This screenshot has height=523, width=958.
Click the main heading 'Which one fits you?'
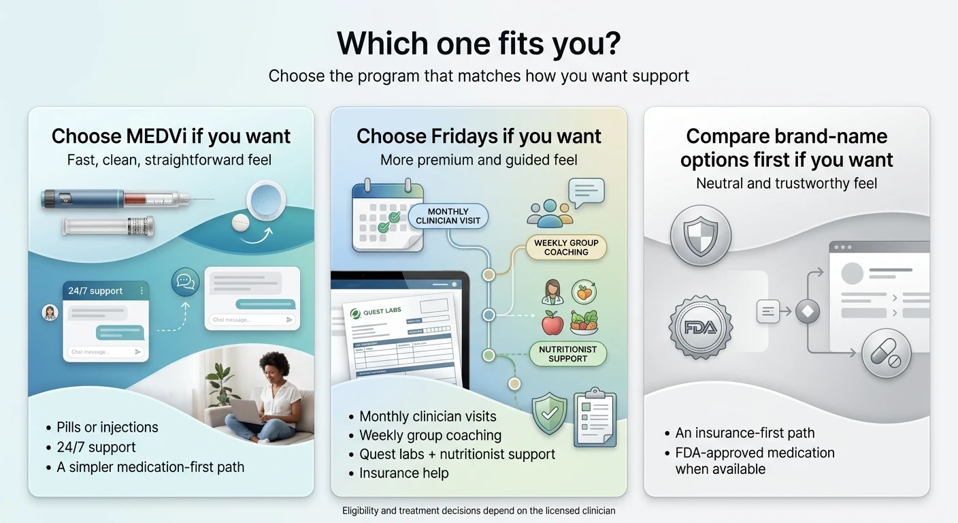click(x=478, y=43)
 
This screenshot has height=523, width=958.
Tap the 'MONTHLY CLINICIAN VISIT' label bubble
click(x=448, y=216)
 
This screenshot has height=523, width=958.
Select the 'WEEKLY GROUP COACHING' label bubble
click(x=566, y=247)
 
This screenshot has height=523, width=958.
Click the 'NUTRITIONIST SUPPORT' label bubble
click(x=567, y=353)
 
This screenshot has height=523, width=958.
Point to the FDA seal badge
click(x=700, y=328)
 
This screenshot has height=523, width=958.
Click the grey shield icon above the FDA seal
click(x=700, y=236)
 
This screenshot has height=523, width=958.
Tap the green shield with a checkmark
click(x=549, y=413)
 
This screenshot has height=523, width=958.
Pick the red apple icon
click(x=552, y=323)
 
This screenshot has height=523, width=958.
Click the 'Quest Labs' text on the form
click(x=382, y=312)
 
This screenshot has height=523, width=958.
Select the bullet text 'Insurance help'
click(x=403, y=473)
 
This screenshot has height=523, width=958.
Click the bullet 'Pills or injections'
click(x=108, y=428)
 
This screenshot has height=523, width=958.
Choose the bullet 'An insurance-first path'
click(x=744, y=433)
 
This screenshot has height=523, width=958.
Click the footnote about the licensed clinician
click(x=478, y=511)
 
